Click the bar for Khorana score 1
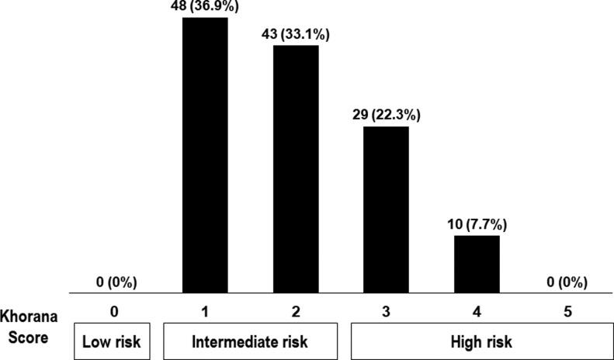pyautogui.click(x=205, y=155)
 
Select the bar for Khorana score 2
pyautogui.click(x=296, y=169)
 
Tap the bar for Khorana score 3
pyautogui.click(x=386, y=209)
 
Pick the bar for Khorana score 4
pyautogui.click(x=477, y=265)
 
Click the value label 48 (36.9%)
pyautogui.click(x=205, y=7)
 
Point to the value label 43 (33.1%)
pyautogui.click(x=296, y=35)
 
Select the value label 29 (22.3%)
pyautogui.click(x=386, y=116)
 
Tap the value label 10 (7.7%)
pyautogui.click(x=477, y=226)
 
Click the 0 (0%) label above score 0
pyautogui.click(x=115, y=282)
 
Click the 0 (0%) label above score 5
pyautogui.click(x=567, y=282)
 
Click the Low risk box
pyautogui.click(x=115, y=341)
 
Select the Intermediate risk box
pyautogui.click(x=250, y=341)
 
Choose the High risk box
pyautogui.click(x=477, y=341)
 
